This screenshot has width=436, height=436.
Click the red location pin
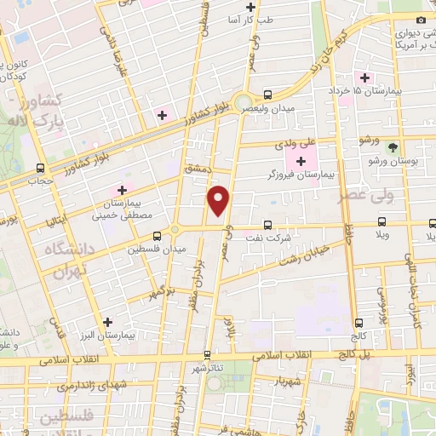[x=220, y=199]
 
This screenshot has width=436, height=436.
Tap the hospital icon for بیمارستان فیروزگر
[x=301, y=162]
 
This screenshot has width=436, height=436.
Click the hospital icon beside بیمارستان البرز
[x=106, y=323]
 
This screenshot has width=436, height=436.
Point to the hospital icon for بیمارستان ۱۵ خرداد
[x=364, y=78]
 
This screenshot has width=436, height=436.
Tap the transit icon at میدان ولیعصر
[x=268, y=95]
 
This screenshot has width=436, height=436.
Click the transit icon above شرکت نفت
[x=268, y=226]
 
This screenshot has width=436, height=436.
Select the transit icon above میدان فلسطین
[x=157, y=238]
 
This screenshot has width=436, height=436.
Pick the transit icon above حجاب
[x=40, y=169]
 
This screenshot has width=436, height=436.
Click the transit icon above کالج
[x=358, y=323]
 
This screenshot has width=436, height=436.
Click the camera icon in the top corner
[x=420, y=20]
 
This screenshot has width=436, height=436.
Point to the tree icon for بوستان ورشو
[x=393, y=147]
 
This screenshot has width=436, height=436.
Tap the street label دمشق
[x=196, y=169]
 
